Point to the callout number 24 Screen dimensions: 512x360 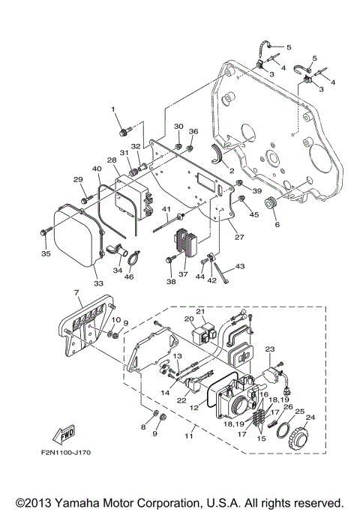[310, 418]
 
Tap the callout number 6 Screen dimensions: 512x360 [276, 224]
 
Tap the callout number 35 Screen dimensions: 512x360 [46, 254]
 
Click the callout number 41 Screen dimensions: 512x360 [166, 208]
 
